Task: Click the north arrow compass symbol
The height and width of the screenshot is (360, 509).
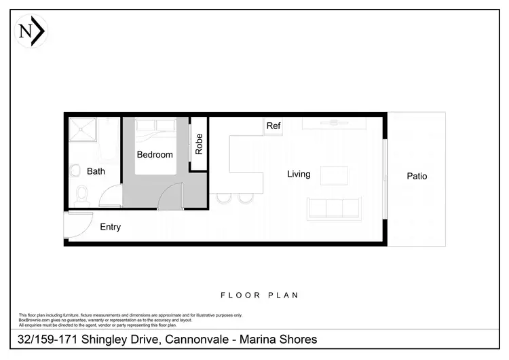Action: pyautogui.click(x=31, y=31)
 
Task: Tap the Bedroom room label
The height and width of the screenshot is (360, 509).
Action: pyautogui.click(x=155, y=155)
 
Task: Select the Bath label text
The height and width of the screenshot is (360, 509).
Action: pyautogui.click(x=96, y=172)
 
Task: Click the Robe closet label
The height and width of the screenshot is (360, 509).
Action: pyautogui.click(x=199, y=145)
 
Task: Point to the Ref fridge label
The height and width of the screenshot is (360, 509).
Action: pyautogui.click(x=274, y=126)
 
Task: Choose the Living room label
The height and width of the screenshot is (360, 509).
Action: pyautogui.click(x=299, y=175)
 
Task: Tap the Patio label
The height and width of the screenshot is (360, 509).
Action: pyautogui.click(x=417, y=177)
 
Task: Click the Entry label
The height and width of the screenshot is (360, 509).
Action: pyautogui.click(x=110, y=227)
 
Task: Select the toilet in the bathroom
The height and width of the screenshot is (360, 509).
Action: pyautogui.click(x=81, y=196)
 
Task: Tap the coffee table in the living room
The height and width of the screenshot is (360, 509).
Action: pyautogui.click(x=334, y=175)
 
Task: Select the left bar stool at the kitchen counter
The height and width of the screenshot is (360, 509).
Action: pyautogui.click(x=223, y=198)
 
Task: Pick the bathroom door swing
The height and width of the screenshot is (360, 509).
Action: pyautogui.click(x=110, y=198)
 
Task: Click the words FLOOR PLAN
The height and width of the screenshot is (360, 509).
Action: pyautogui.click(x=260, y=295)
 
